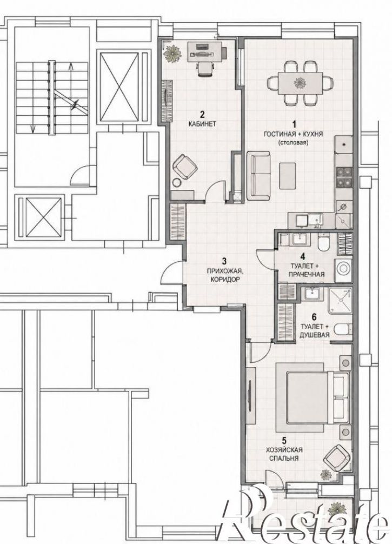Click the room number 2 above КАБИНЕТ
[203, 114]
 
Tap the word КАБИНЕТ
[202, 123]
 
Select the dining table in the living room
[301, 83]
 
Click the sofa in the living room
[259, 176]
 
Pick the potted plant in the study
[172, 54]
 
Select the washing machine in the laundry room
[343, 269]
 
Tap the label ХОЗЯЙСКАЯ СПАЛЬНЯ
[284, 454]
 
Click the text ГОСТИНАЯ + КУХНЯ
[294, 134]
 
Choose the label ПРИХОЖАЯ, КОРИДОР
[225, 275]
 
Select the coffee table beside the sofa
[288, 176]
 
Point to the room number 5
[284, 441]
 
